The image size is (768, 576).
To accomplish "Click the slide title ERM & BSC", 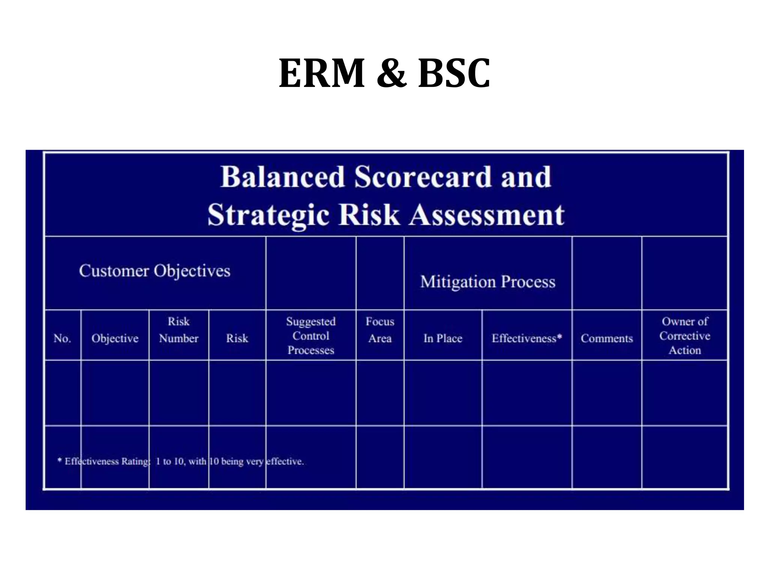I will tap(384, 73).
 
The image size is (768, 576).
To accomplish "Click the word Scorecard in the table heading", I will tap(423, 177).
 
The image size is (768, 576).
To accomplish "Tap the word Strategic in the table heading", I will tap(268, 215).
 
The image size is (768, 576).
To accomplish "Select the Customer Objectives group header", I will tap(154, 271).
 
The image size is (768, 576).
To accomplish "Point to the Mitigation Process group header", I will tap(487, 282).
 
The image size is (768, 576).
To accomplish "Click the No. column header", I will tap(62, 338).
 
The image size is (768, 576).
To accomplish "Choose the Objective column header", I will tap(115, 338).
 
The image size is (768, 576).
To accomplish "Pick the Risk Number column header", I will tap(178, 330).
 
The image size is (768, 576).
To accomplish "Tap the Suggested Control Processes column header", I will tap(310, 336).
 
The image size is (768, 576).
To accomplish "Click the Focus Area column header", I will tap(380, 330).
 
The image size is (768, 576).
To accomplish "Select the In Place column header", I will tap(443, 338).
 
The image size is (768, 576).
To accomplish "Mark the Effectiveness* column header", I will tap(526, 338).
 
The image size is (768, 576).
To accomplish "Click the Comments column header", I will tap(607, 338).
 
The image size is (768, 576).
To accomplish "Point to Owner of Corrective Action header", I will tap(685, 336).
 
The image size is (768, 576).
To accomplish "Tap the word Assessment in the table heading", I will tap(486, 215).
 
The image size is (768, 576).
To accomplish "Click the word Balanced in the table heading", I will tap(282, 177).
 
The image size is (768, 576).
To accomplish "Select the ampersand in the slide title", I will tap(391, 73).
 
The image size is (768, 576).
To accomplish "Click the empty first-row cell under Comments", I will tap(607, 393).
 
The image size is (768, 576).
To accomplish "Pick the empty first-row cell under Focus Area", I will tap(380, 393).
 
